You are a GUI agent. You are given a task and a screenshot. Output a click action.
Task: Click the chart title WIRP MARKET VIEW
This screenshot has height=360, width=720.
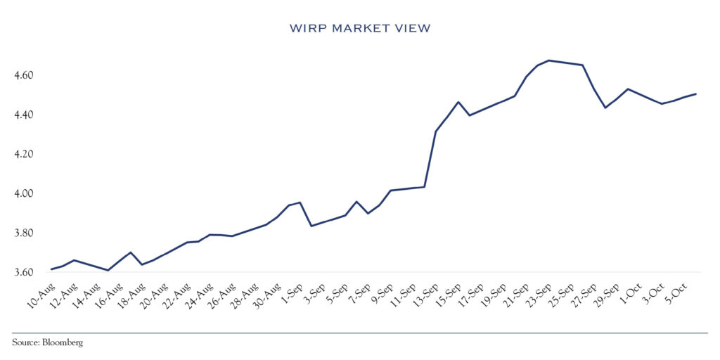coord(359,28)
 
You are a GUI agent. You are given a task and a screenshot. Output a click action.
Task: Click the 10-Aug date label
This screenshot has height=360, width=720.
coord(39,292)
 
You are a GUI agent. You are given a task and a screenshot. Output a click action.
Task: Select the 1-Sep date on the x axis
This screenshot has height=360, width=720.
coord(294,290)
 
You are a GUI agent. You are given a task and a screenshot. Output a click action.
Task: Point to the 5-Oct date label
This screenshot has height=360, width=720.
coord(679,290)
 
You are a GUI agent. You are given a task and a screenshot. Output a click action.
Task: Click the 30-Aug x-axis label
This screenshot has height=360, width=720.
coord(267,292)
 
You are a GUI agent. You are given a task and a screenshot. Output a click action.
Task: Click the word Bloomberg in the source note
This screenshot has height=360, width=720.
coord(63,342)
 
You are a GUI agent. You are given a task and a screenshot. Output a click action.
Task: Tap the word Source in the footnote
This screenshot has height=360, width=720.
coord(25,342)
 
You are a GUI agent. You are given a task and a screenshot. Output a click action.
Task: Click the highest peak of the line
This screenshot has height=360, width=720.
coord(548,60)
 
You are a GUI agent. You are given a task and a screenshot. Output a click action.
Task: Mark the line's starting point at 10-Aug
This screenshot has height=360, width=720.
coord(51,269)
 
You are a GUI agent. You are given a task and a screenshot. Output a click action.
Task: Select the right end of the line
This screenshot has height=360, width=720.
coord(696,94)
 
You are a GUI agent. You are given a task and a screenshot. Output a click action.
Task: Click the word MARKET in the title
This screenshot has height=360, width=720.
coord(359,28)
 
